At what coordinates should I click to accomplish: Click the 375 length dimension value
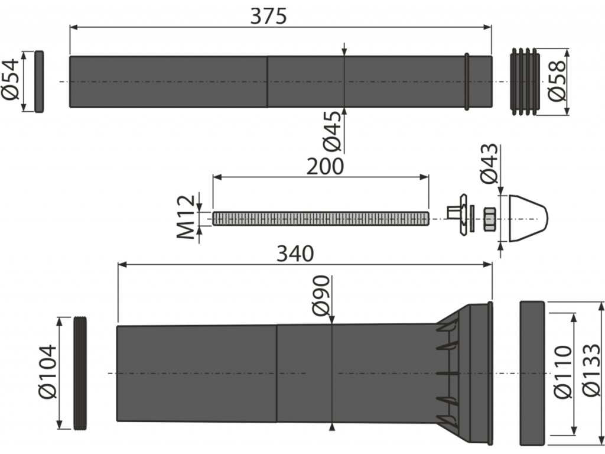tap(269, 16)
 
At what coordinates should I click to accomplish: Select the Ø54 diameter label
tap(11, 79)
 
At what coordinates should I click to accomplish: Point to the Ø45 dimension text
tap(332, 131)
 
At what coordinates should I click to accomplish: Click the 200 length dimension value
tap(325, 167)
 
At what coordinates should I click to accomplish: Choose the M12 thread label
tap(186, 217)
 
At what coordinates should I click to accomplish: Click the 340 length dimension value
tap(295, 254)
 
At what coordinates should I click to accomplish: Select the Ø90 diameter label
tap(321, 296)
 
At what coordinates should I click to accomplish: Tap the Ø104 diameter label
tap(48, 372)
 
